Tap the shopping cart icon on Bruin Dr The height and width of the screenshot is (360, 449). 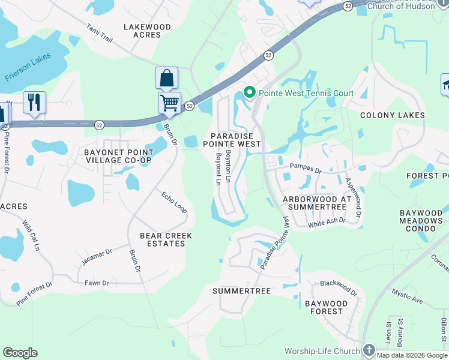coord(169,103)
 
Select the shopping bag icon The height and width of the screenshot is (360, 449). coord(166,78)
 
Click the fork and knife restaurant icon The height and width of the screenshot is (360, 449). coord(34,102)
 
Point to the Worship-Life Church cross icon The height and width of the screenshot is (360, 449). coord(369,350)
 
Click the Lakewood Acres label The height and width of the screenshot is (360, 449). coord(147,31)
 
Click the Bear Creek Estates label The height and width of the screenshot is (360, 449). coord(166,239)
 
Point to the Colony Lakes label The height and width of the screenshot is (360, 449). coord(392,115)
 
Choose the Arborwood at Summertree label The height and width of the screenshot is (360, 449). coord(317,203)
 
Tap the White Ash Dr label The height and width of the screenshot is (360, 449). coord(327,222)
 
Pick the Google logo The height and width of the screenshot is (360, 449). coord(20,353)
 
